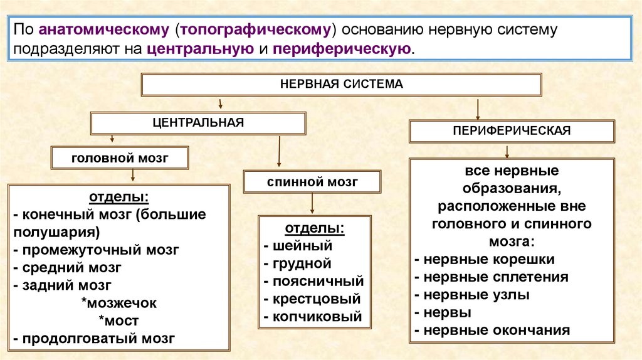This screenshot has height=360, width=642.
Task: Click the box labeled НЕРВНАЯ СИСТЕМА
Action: point(341,83)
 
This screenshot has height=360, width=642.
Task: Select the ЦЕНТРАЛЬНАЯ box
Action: point(198,122)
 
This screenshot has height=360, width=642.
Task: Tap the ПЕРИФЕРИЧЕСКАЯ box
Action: point(512,130)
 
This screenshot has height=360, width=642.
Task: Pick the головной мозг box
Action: point(120,157)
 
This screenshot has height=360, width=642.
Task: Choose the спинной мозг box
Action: point(312,182)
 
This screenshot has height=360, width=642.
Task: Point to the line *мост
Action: point(118,321)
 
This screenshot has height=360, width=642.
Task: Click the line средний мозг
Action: point(70,267)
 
